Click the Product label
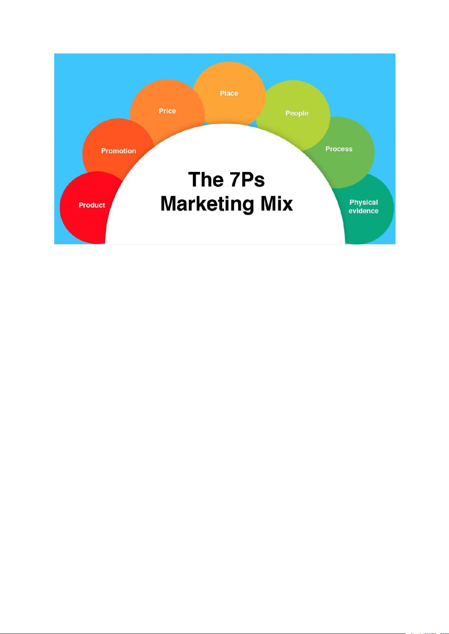pyautogui.click(x=92, y=205)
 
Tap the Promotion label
pyautogui.click(x=118, y=151)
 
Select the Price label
pyautogui.click(x=167, y=111)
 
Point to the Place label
pyautogui.click(x=229, y=93)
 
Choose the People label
pyautogui.click(x=297, y=113)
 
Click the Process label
pyautogui.click(x=339, y=149)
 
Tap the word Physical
pyautogui.click(x=363, y=202)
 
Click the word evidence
pyautogui.click(x=363, y=211)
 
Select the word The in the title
pyautogui.click(x=206, y=179)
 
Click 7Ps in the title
pyautogui.click(x=247, y=179)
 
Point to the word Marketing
pyautogui.click(x=207, y=204)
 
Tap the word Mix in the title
pyautogui.click(x=277, y=204)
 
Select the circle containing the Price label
pyautogui.click(x=166, y=98)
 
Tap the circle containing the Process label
pyautogui.click(x=347, y=166)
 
